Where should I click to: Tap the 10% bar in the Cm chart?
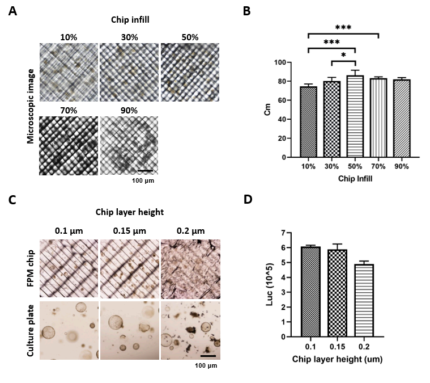309,121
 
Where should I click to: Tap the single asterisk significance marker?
343,54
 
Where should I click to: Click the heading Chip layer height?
130,212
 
